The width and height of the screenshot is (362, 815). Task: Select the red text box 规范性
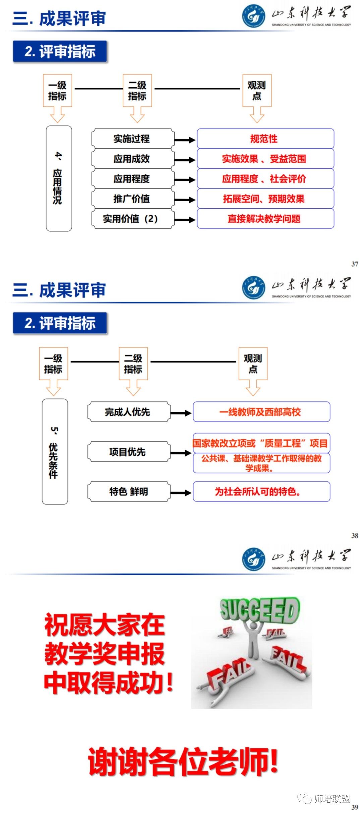click(x=265, y=139)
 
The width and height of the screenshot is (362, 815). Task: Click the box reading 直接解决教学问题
click(x=265, y=219)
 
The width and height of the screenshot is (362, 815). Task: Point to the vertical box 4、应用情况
click(x=59, y=178)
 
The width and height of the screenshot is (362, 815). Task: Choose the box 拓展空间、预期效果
click(x=265, y=199)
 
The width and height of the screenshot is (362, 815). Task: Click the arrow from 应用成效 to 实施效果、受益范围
click(x=185, y=160)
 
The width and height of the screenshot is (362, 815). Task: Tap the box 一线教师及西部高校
click(x=261, y=412)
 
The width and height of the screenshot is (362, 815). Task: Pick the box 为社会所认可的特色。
click(x=261, y=492)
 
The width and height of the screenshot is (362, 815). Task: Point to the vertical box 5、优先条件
click(x=55, y=451)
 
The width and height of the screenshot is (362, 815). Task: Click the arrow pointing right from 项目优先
click(x=181, y=453)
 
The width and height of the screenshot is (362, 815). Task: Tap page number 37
click(x=355, y=264)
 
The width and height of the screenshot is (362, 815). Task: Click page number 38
click(x=355, y=536)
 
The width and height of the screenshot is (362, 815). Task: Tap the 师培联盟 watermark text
click(x=332, y=799)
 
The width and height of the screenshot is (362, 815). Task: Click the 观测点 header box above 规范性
click(x=257, y=91)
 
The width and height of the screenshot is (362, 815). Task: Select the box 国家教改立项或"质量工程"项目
click(x=261, y=443)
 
